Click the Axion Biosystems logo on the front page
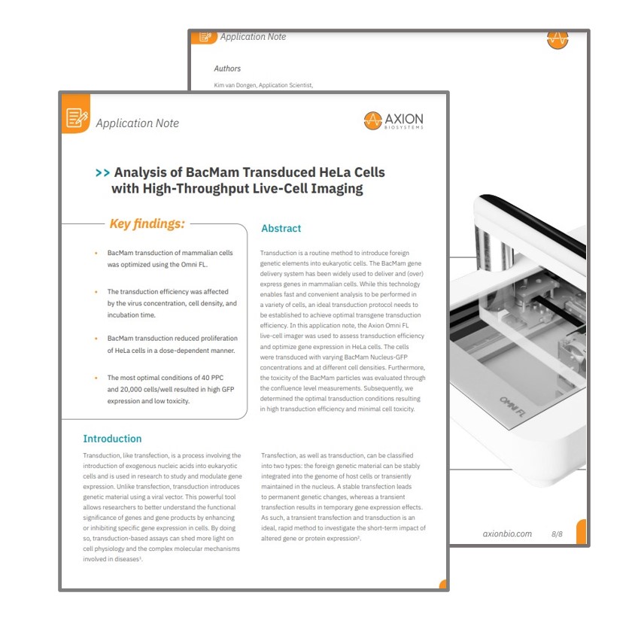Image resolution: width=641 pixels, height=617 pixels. click(393, 120)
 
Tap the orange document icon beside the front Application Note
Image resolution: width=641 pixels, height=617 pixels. click(76, 117)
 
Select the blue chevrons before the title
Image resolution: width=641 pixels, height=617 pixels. click(102, 173)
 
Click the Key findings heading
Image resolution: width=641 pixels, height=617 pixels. click(147, 223)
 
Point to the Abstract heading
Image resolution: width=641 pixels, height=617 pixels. click(281, 229)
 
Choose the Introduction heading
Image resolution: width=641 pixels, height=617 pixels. click(112, 439)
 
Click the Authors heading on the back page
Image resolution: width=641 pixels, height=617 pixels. click(227, 68)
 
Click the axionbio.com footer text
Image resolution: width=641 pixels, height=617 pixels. click(507, 533)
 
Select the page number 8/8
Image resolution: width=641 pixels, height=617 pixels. click(557, 533)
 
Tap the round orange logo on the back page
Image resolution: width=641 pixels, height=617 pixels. click(557, 40)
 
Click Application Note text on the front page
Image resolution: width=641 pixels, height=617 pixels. click(137, 123)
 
